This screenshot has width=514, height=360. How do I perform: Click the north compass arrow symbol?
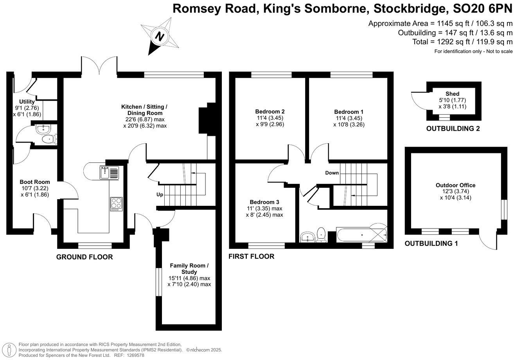tap(159, 36)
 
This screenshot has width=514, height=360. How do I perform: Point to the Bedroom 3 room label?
tap(264, 202)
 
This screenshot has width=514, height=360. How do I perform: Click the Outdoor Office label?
tap(456, 185)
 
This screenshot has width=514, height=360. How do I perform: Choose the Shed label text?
tap(452, 94)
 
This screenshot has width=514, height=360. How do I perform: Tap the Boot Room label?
tap(35, 182)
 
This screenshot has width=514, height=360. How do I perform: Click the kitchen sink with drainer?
tap(109, 172)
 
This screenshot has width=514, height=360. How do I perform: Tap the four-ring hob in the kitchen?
tap(116, 204)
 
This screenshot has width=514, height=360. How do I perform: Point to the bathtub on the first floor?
tap(361, 235)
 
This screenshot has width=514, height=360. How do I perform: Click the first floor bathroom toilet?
tap(322, 234)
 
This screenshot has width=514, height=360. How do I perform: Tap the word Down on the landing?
tap(332, 173)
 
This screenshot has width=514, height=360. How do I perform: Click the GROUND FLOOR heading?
tap(84, 257)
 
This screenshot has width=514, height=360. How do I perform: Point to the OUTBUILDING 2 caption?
tap(453, 128)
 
